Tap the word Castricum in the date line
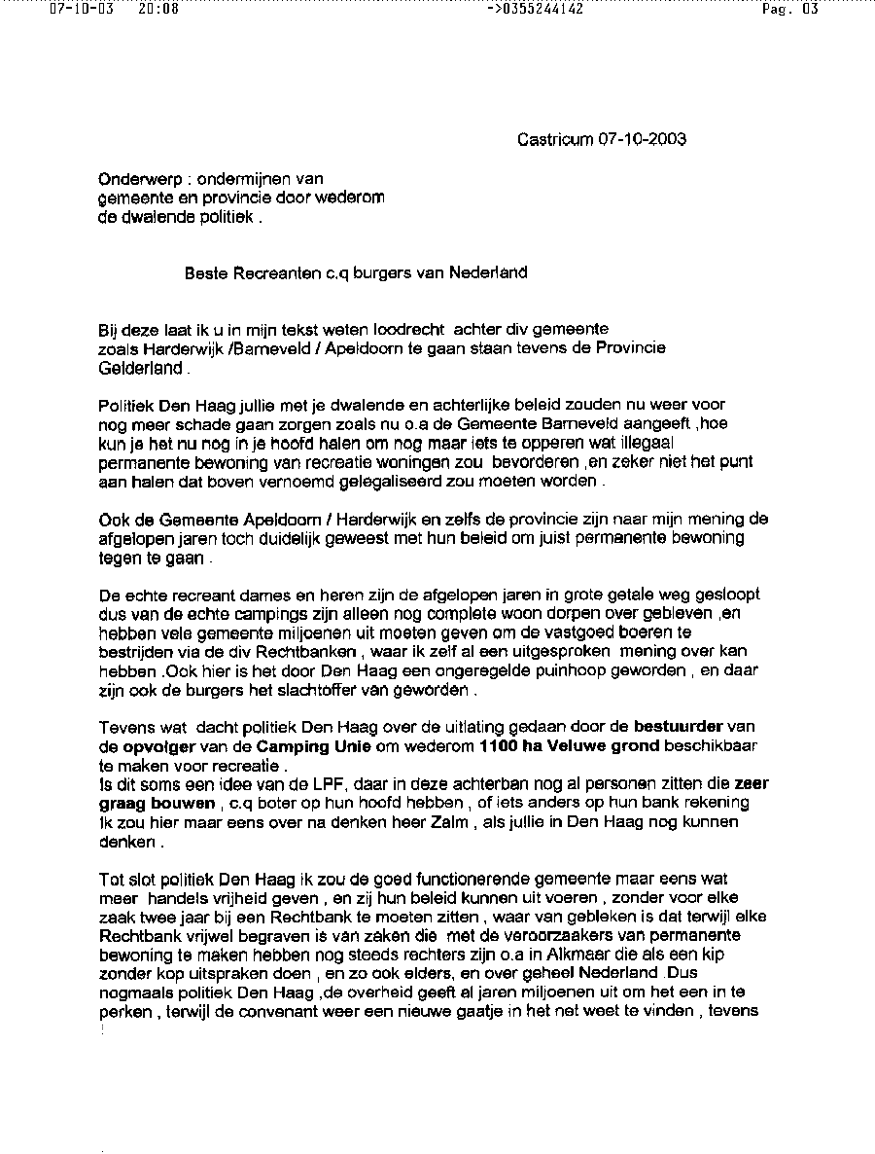click(x=553, y=139)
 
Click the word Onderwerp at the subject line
click(x=134, y=179)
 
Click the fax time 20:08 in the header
click(x=158, y=10)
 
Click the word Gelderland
click(x=140, y=370)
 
